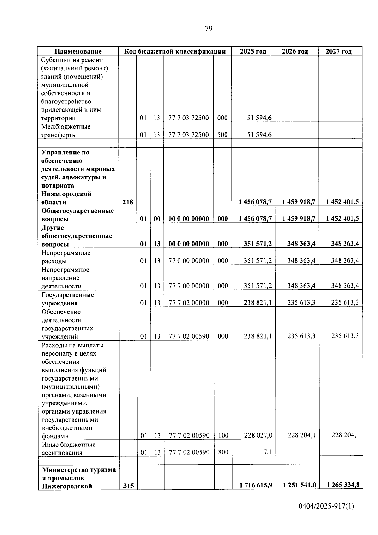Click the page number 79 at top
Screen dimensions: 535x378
point(209,29)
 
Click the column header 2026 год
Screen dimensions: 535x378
point(295,51)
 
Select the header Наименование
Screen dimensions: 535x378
point(78,51)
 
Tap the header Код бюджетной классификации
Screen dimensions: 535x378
point(175,51)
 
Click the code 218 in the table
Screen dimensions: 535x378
point(128,202)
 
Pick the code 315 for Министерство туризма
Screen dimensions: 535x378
point(128,486)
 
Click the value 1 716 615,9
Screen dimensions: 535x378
point(256,485)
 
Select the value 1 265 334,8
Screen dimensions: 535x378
point(343,485)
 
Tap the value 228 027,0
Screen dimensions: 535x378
point(258,435)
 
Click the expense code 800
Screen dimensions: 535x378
point(223,452)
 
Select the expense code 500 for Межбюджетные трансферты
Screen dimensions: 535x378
point(222,135)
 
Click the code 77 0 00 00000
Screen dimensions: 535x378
point(189,261)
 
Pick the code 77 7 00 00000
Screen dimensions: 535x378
point(189,286)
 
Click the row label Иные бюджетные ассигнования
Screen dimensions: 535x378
point(68,449)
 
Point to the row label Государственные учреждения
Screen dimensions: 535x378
point(67,299)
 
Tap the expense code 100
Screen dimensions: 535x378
point(223,435)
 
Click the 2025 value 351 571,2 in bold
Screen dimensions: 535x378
point(258,244)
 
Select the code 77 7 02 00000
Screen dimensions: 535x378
point(189,303)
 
